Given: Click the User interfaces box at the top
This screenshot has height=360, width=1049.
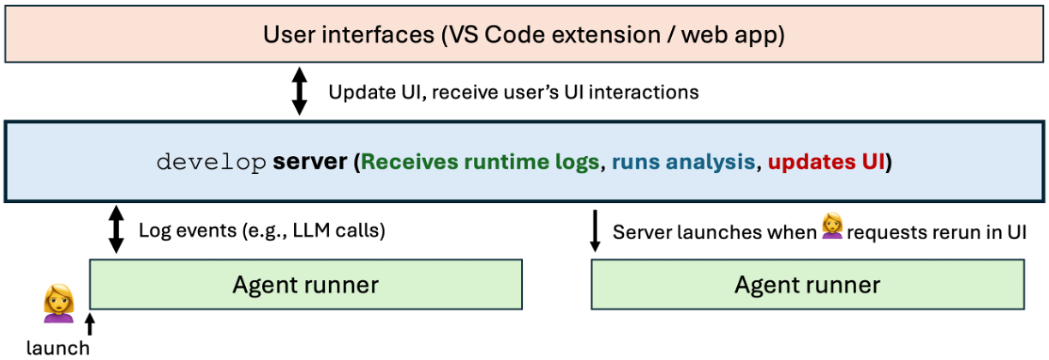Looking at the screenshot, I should click(524, 35).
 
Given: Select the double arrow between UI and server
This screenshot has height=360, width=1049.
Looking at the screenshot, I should click(299, 92).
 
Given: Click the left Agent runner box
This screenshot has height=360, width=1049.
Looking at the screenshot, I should click(306, 284).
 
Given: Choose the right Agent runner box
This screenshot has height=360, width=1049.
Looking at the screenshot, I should click(807, 284).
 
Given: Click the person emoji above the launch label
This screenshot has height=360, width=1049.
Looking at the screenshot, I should click(59, 300).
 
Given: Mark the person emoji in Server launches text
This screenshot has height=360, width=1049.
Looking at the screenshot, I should click(831, 228).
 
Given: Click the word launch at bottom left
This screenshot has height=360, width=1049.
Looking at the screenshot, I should click(57, 347).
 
